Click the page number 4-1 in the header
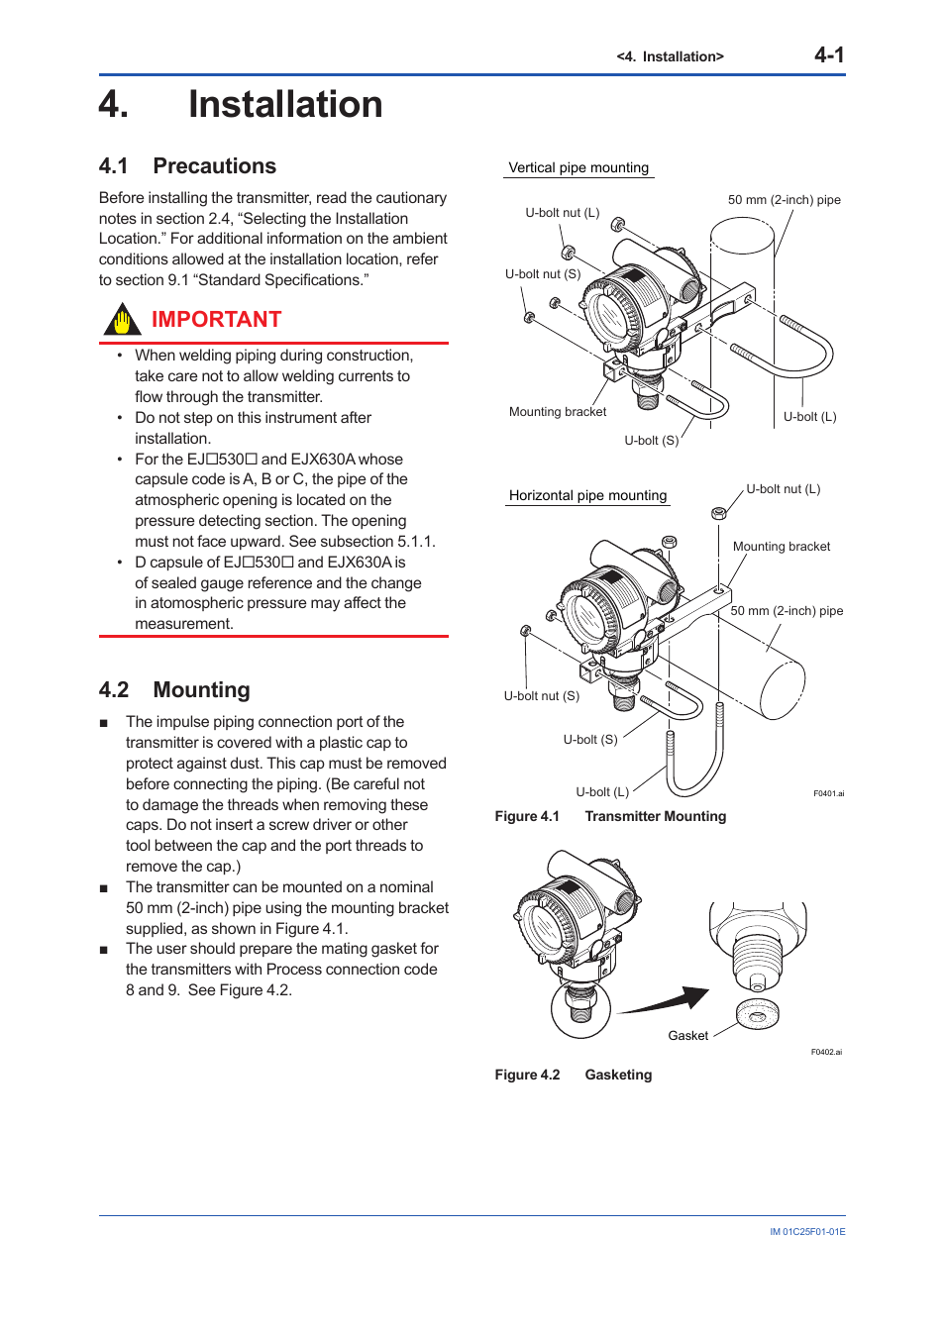pyautogui.click(x=828, y=55)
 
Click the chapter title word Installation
pyautogui.click(x=285, y=105)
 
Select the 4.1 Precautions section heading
pyautogui.click(x=187, y=166)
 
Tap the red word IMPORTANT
pyautogui.click(x=216, y=320)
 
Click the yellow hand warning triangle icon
pyautogui.click(x=122, y=321)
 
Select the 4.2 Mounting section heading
pyautogui.click(x=174, y=690)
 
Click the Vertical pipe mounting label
pyautogui.click(x=578, y=168)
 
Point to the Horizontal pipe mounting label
pyautogui.click(x=587, y=496)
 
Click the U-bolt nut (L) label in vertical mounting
pyautogui.click(x=562, y=213)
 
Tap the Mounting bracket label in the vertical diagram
pyautogui.click(x=557, y=412)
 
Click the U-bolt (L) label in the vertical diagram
pyautogui.click(x=809, y=417)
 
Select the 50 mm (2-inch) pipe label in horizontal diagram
pyautogui.click(x=787, y=611)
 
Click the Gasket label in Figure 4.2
pyautogui.click(x=687, y=1036)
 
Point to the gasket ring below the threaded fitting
pyautogui.click(x=758, y=1014)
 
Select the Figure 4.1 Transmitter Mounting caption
pyautogui.click(x=610, y=817)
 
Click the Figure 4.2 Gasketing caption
pyautogui.click(x=573, y=1076)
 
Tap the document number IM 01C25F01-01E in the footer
pyautogui.click(x=807, y=1232)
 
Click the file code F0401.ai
pyautogui.click(x=828, y=794)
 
